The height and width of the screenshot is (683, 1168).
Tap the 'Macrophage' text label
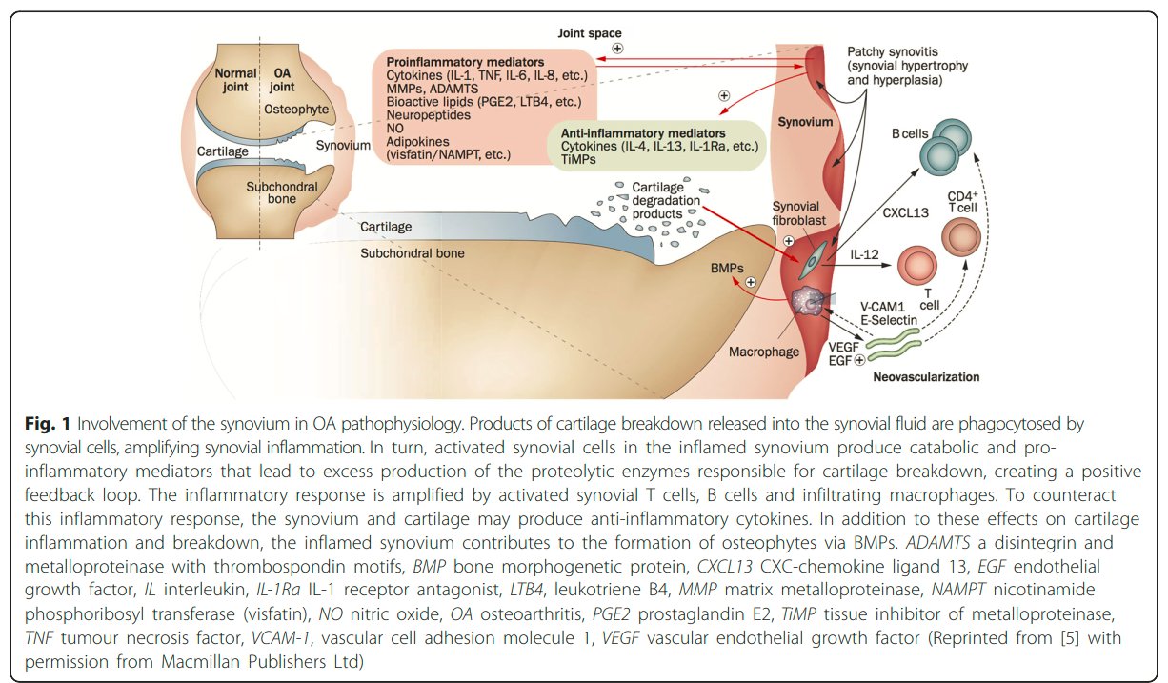(x=763, y=352)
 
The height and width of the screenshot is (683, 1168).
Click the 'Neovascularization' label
(x=926, y=377)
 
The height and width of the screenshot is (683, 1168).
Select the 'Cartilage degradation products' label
(x=666, y=201)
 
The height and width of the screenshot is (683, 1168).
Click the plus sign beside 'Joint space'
(x=617, y=50)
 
